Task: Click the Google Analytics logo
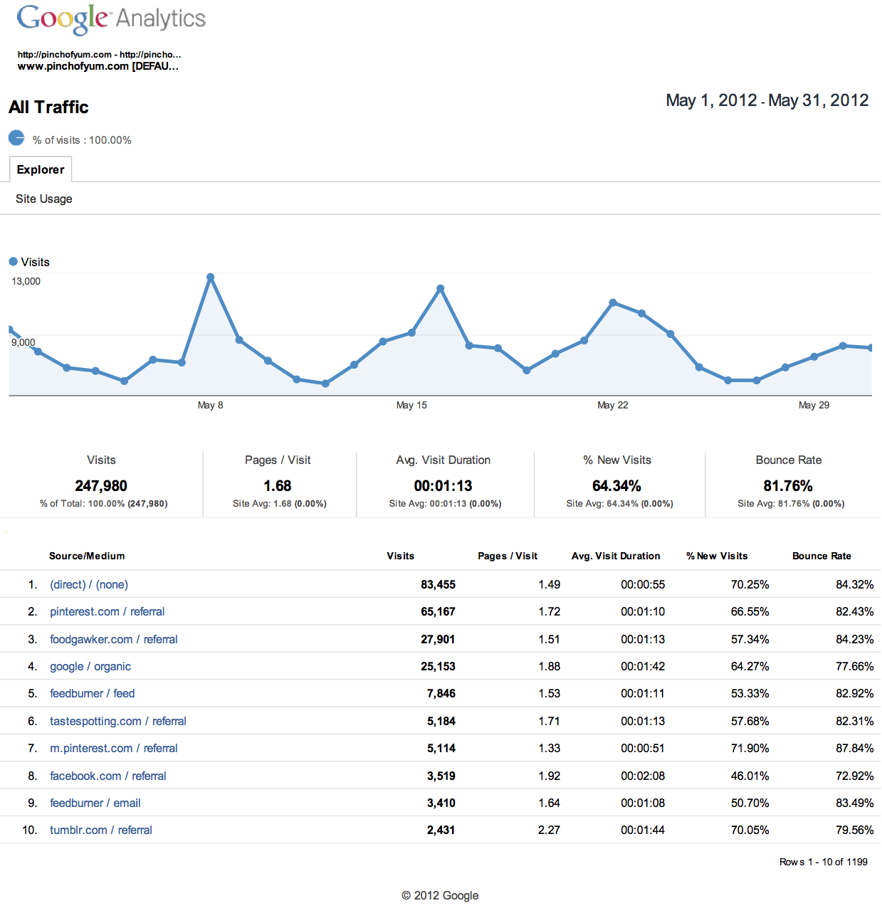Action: [x=111, y=19]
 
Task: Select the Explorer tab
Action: [x=41, y=169]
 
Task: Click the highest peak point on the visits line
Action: [x=210, y=277]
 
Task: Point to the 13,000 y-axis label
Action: [x=26, y=281]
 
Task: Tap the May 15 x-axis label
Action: [x=411, y=405]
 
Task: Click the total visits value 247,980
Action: [x=101, y=486]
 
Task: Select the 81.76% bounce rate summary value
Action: [x=788, y=486]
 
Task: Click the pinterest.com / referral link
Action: [x=107, y=612]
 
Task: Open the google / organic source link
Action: [x=90, y=667]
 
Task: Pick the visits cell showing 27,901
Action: [x=438, y=640]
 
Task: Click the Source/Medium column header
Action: [x=87, y=556]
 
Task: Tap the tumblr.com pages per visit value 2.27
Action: [x=549, y=830]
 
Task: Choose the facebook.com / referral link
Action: [x=108, y=776]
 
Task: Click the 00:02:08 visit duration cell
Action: [x=643, y=776]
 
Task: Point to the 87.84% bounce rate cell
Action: [x=854, y=749]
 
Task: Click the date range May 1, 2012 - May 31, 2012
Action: [x=767, y=100]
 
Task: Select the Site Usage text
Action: [x=44, y=199]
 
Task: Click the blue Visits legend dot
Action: [x=13, y=262]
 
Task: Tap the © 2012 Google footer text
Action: [x=440, y=896]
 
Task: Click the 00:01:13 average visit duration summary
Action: [x=443, y=486]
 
